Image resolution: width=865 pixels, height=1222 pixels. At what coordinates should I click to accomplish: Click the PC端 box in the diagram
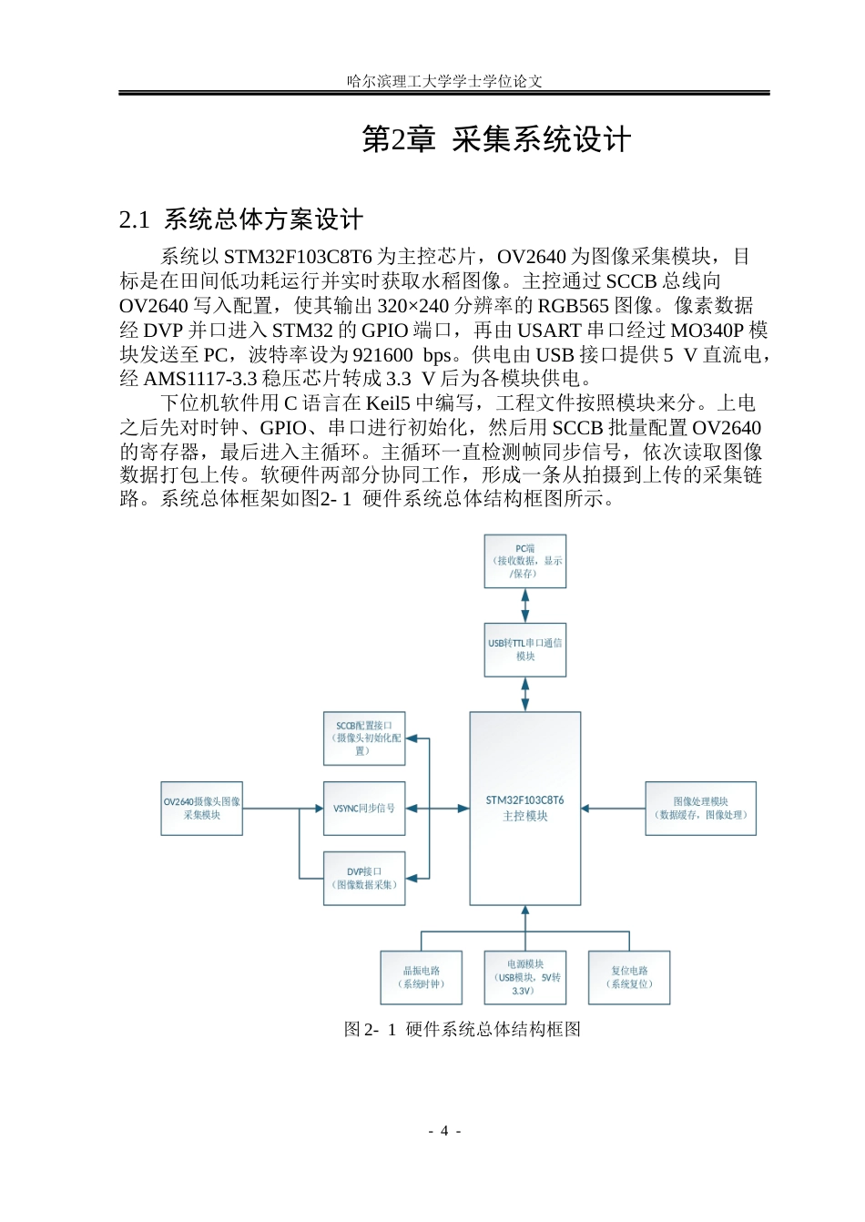(524, 561)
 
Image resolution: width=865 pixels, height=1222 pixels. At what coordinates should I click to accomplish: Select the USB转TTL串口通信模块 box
(524, 650)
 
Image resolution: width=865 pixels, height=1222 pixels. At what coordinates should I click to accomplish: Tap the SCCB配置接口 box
(364, 738)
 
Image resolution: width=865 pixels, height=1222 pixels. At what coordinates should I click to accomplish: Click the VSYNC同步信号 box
(364, 809)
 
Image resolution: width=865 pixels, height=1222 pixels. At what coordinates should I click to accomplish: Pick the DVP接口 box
(364, 879)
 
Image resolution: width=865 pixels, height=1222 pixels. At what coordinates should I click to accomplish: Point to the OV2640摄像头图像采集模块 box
(202, 809)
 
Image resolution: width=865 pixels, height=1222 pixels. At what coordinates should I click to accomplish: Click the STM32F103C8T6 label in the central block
(524, 800)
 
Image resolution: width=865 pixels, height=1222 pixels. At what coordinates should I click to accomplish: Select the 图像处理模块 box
(700, 809)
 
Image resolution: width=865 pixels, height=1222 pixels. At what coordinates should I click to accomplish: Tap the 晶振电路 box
(421, 978)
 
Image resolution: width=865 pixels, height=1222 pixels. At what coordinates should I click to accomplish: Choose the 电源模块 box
(524, 978)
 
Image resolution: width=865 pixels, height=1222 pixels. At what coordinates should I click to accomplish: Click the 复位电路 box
(629, 978)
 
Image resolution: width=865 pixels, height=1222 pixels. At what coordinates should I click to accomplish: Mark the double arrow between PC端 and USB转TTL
(525, 606)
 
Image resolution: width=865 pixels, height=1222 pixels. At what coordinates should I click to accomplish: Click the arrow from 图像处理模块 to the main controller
(613, 809)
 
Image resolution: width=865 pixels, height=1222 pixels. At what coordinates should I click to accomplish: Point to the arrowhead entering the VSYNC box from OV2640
(319, 809)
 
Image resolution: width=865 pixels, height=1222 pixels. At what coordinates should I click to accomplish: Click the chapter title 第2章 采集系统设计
(496, 139)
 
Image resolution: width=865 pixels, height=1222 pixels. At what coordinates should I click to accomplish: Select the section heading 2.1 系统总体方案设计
(241, 219)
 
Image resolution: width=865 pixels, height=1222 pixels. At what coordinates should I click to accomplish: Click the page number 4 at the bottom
(444, 1131)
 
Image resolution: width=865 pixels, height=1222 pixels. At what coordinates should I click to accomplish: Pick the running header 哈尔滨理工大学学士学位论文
(444, 81)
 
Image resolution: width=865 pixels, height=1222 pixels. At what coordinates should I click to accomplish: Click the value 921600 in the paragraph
(382, 355)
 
